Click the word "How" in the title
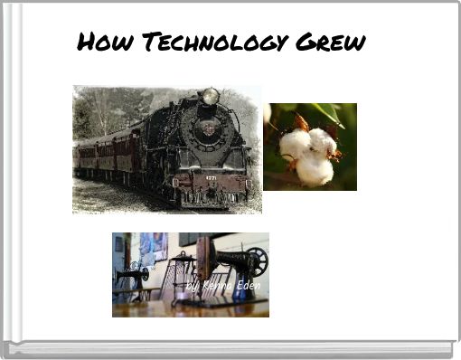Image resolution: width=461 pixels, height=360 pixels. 97,42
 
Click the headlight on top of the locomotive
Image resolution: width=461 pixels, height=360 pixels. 211,96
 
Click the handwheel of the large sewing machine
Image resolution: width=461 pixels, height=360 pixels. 257,261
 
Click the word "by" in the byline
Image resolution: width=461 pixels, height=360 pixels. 192,287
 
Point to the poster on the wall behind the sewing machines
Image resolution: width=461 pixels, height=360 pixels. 151,246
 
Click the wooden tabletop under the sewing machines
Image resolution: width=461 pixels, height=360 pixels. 190,308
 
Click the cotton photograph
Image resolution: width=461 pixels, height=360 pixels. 310,147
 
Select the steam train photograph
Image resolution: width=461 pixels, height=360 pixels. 167,149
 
